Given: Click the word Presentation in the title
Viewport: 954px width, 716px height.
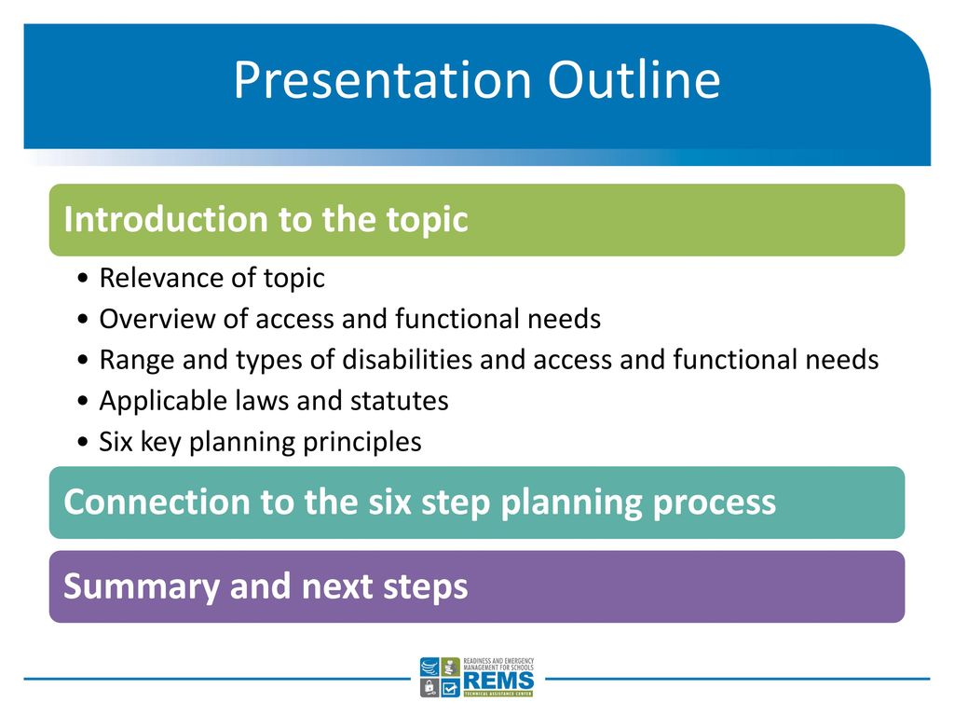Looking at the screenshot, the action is tap(383, 80).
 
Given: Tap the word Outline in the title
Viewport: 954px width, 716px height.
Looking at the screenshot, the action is tap(634, 80).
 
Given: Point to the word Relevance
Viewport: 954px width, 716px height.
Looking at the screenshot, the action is tap(161, 278).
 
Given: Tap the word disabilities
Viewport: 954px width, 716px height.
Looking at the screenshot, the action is tap(407, 359).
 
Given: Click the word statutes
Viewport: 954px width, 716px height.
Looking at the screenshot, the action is tap(399, 401).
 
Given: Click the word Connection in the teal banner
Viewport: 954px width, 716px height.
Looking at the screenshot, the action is tap(157, 502).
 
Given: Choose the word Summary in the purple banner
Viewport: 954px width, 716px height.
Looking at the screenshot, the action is tap(142, 587).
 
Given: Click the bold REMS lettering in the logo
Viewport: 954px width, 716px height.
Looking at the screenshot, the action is tap(498, 680).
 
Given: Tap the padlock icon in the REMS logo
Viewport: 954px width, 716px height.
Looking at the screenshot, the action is tap(429, 687).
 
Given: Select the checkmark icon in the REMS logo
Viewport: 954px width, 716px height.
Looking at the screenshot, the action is tap(450, 687).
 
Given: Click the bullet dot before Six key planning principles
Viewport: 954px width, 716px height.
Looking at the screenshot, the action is tap(83, 443).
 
